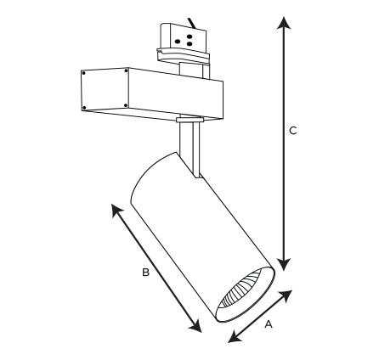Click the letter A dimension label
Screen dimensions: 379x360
269,324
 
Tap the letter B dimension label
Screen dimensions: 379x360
145,273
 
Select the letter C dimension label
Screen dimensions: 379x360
293,131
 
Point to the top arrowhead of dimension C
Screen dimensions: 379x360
284,23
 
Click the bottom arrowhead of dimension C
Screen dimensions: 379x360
284,264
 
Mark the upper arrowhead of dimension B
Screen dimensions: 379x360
116,210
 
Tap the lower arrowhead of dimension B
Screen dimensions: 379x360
196,325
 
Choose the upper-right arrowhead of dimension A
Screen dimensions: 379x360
286,295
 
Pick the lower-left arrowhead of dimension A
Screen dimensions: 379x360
235,337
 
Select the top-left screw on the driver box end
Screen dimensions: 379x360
84,73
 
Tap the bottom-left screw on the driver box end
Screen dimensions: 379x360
84,108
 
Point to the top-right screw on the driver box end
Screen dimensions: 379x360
126,70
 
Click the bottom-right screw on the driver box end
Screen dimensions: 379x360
126,105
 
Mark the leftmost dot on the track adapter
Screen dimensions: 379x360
178,42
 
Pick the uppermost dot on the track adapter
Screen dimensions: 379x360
189,37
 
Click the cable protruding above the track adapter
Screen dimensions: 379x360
192,23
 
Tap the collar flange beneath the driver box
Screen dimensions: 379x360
189,120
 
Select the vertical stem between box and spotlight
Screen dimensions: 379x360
189,149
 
